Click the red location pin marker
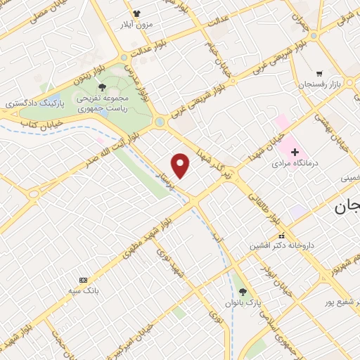tap(181, 166)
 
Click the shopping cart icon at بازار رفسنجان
tap(319, 73)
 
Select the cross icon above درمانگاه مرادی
tap(295, 152)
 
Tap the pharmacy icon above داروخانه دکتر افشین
tap(282, 236)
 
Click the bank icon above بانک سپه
tap(84, 280)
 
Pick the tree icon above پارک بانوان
tap(243, 292)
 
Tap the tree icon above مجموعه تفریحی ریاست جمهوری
tap(103, 87)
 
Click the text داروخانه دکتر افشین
tap(279, 247)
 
